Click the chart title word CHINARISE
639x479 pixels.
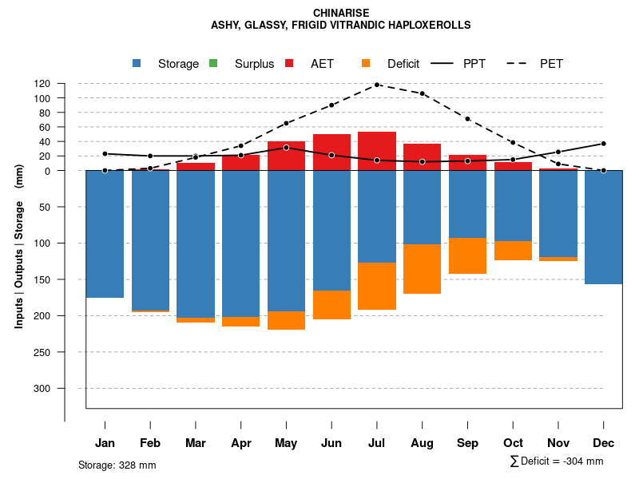click(x=341, y=13)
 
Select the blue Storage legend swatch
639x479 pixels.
click(x=137, y=64)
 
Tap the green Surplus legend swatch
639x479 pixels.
click(x=212, y=64)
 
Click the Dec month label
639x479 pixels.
click(x=603, y=443)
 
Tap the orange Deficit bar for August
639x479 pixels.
click(x=422, y=269)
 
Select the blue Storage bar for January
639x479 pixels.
click(x=105, y=234)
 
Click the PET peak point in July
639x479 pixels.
click(x=377, y=85)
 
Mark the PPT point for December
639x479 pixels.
click(x=603, y=144)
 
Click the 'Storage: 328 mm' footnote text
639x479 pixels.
click(x=117, y=465)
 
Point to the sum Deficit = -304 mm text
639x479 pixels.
click(x=557, y=461)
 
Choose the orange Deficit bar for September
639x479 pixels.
click(x=467, y=255)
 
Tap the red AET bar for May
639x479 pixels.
click(x=286, y=156)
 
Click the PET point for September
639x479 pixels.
click(x=467, y=119)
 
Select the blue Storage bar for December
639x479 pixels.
click(x=603, y=228)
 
